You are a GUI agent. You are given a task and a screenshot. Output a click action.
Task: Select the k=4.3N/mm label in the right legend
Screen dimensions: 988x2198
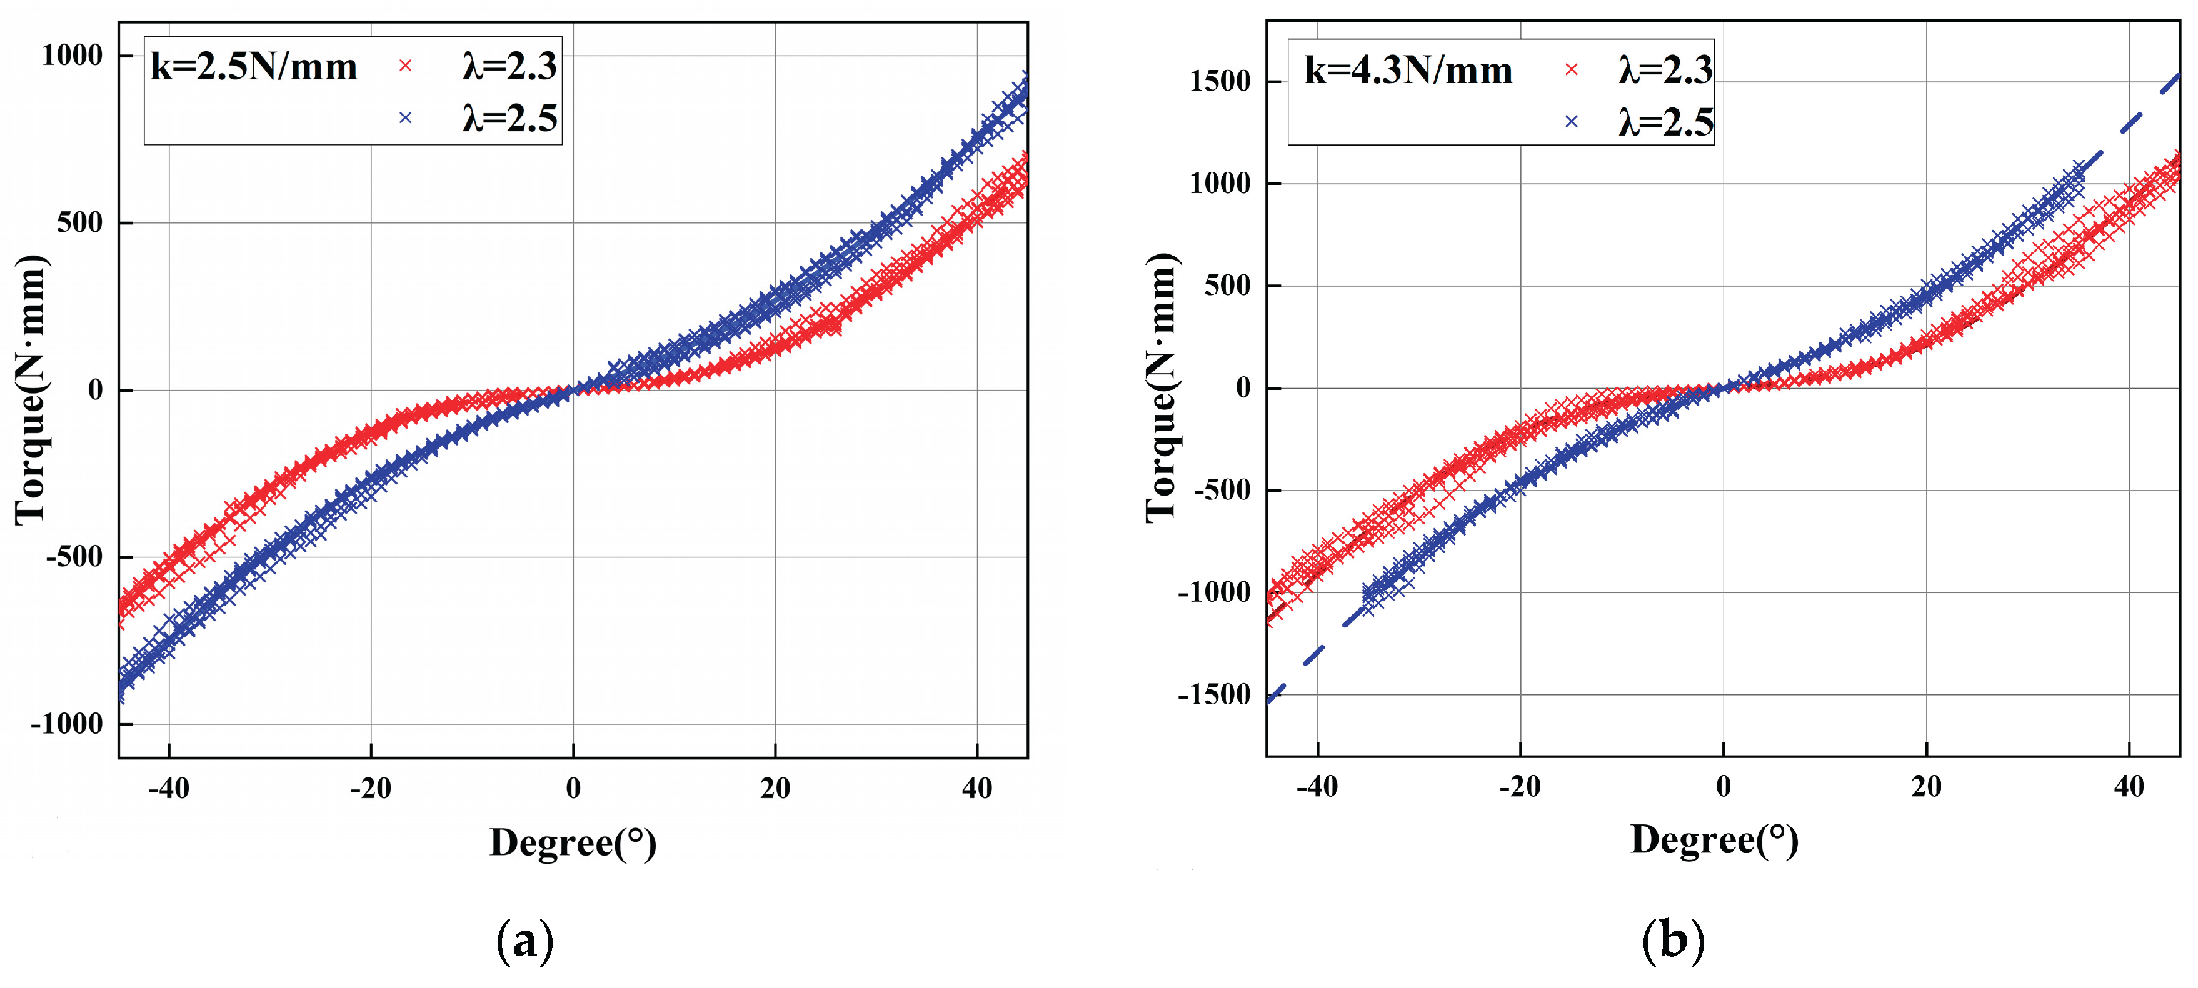coord(1408,71)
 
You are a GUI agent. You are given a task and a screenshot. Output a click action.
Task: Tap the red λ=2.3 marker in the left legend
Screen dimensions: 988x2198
coord(405,66)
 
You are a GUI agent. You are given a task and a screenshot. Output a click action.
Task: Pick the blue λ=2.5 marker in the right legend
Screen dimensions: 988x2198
coord(1571,122)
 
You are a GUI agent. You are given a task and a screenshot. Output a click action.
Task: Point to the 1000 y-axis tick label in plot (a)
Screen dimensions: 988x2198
coord(72,56)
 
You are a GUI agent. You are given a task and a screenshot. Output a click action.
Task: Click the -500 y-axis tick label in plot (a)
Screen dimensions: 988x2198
coord(73,557)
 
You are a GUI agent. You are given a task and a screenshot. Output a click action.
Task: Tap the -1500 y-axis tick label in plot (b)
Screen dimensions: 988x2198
coord(1214,696)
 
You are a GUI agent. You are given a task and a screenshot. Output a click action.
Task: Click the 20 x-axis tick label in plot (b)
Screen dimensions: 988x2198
coord(1926,786)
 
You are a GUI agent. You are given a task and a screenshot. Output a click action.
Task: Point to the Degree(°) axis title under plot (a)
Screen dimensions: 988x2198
coord(573,843)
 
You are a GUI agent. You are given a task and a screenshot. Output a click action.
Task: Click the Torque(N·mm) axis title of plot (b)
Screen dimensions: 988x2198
coord(1162,388)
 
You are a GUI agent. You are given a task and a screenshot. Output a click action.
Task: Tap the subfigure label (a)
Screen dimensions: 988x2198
coord(524,941)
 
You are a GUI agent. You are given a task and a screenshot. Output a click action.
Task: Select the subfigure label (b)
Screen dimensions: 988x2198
coord(1672,941)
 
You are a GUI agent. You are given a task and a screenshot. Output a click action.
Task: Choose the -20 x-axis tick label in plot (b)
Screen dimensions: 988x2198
coord(1519,786)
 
